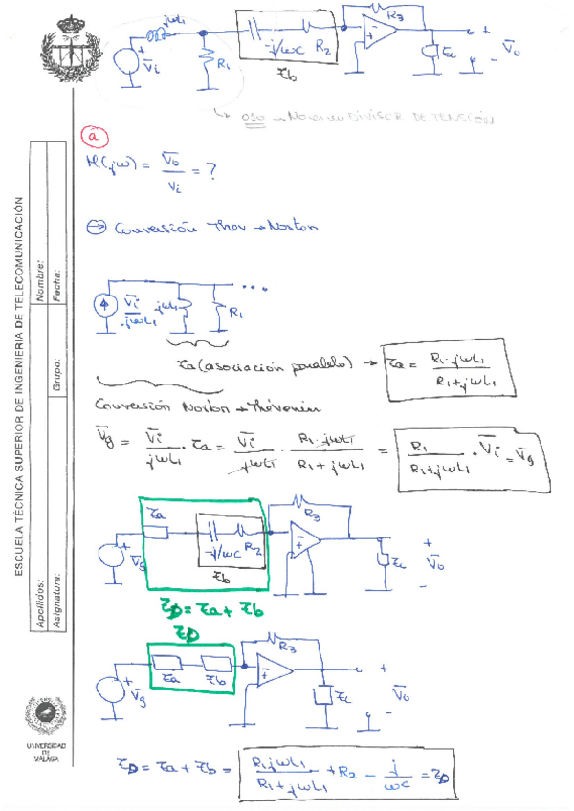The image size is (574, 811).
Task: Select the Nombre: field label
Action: pyautogui.click(x=40, y=281)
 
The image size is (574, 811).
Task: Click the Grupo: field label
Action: pyautogui.click(x=58, y=372)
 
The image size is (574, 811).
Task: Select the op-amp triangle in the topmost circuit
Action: pyautogui.click(x=380, y=33)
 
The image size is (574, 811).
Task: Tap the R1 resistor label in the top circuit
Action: pyautogui.click(x=222, y=66)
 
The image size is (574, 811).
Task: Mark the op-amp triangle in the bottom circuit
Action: pyautogui.click(x=274, y=675)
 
